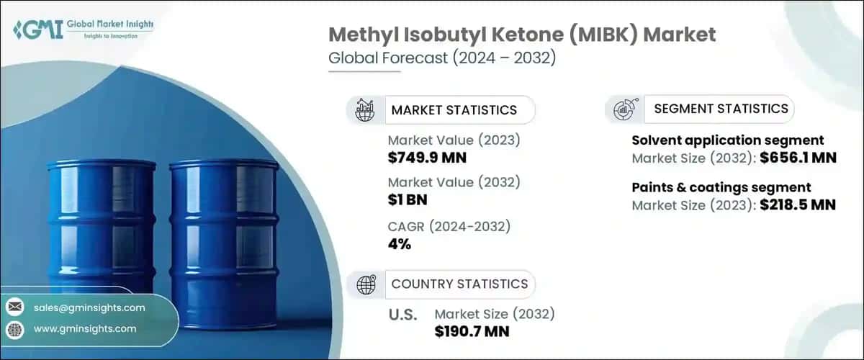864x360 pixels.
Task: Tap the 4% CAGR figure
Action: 399,243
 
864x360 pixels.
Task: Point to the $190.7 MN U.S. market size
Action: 472,331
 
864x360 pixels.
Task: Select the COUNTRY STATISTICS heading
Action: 459,284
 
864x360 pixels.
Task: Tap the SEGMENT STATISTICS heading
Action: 721,109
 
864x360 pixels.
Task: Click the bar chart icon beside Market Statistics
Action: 365,110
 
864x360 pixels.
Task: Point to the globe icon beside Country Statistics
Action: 366,284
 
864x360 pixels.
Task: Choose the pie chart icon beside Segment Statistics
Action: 622,109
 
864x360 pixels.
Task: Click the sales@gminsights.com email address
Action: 89,307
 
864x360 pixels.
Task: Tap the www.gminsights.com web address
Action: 85,328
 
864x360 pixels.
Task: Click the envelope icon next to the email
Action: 14,307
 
